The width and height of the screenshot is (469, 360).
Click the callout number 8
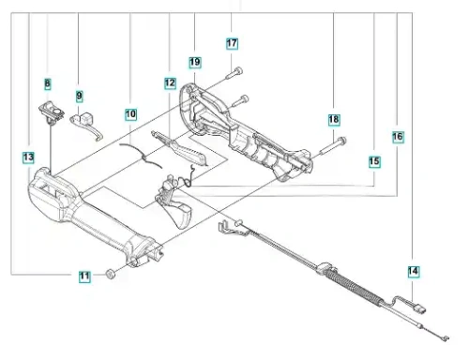tap(47, 83)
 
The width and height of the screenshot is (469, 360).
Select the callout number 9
tap(80, 96)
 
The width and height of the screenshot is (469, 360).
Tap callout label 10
tap(130, 114)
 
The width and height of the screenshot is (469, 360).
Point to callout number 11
tap(84, 277)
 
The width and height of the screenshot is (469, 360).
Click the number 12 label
tap(170, 83)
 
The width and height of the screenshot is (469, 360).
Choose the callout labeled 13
tap(28, 157)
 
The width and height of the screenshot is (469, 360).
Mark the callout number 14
tap(413, 271)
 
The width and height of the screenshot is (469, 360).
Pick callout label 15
tap(374, 161)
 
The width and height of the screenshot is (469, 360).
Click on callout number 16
tap(398, 137)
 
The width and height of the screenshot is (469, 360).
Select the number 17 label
tap(232, 43)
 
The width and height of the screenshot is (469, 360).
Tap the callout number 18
tap(334, 119)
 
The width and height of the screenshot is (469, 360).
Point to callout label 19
tap(195, 62)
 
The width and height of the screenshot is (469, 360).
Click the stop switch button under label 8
tap(52, 112)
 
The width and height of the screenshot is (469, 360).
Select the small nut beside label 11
tap(110, 274)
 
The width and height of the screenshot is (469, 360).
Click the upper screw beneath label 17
tap(235, 73)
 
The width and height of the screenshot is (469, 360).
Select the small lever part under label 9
tap(86, 125)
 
